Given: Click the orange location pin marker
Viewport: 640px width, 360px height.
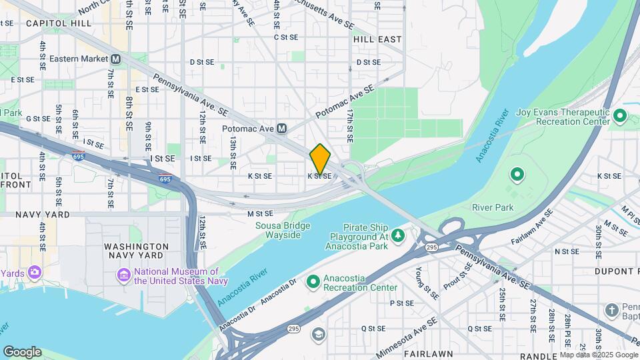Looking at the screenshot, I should [320, 159].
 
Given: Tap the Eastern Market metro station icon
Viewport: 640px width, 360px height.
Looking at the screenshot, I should [116, 59].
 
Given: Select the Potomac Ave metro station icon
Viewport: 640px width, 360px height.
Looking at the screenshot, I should [281, 128].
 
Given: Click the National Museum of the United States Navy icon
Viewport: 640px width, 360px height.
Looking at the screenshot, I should [123, 275].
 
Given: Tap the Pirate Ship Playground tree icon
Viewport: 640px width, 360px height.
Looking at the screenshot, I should [398, 235].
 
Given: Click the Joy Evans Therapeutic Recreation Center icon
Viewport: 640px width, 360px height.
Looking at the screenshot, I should [620, 117].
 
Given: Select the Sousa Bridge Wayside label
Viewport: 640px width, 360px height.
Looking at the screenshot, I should [283, 230].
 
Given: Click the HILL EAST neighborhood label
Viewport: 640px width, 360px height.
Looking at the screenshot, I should [378, 39].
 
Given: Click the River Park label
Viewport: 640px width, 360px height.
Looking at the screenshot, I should [493, 207].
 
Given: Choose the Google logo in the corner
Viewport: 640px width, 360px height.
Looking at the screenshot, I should [22, 352].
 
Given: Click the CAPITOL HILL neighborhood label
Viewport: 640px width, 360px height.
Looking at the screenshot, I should [59, 23].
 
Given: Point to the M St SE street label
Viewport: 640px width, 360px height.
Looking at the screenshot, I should [260, 214].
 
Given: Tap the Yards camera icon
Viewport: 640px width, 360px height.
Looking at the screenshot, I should [33, 273].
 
